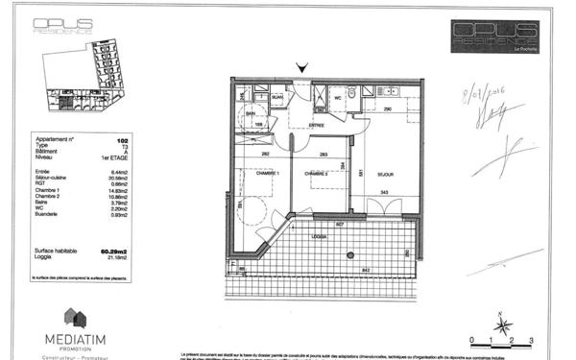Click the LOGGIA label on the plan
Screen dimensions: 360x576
pyautogui.click(x=316, y=236)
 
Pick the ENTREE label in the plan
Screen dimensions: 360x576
pyautogui.click(x=316, y=124)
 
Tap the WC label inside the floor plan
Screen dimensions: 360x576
pyautogui.click(x=338, y=97)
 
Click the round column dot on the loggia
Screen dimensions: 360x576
pyautogui.click(x=352, y=254)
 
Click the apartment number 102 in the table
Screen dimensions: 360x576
pyautogui.click(x=122, y=140)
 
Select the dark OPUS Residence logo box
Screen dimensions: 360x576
pyautogui.click(x=496, y=37)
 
